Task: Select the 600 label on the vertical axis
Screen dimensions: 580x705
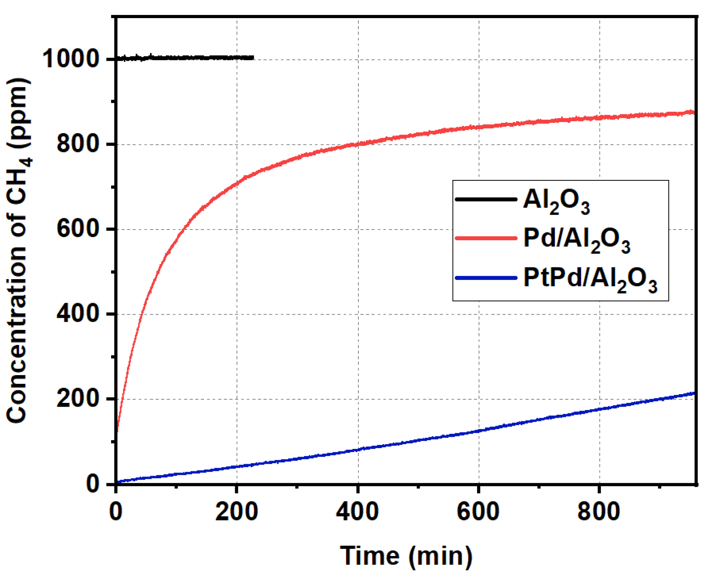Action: click(x=78, y=229)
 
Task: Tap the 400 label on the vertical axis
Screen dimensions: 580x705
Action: click(x=78, y=314)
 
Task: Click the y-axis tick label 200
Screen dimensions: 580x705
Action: click(x=78, y=398)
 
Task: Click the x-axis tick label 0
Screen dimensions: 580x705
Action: click(x=116, y=512)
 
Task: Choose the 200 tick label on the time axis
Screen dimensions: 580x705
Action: click(x=237, y=512)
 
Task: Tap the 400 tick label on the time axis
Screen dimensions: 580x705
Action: click(x=358, y=512)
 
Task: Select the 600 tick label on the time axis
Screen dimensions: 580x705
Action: click(x=478, y=512)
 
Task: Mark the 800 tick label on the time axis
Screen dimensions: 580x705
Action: click(x=599, y=512)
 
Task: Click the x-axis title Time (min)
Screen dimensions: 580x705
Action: click(x=406, y=556)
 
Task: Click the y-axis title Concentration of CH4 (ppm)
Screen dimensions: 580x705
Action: click(x=17, y=250)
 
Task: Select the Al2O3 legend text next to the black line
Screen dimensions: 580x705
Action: click(x=556, y=201)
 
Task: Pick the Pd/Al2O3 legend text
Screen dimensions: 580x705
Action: click(x=576, y=240)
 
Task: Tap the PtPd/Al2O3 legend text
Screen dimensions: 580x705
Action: click(x=590, y=279)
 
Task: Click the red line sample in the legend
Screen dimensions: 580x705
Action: click(x=486, y=238)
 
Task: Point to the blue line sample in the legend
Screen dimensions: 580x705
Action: click(x=486, y=278)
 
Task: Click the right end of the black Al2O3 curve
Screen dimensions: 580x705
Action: click(x=253, y=58)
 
